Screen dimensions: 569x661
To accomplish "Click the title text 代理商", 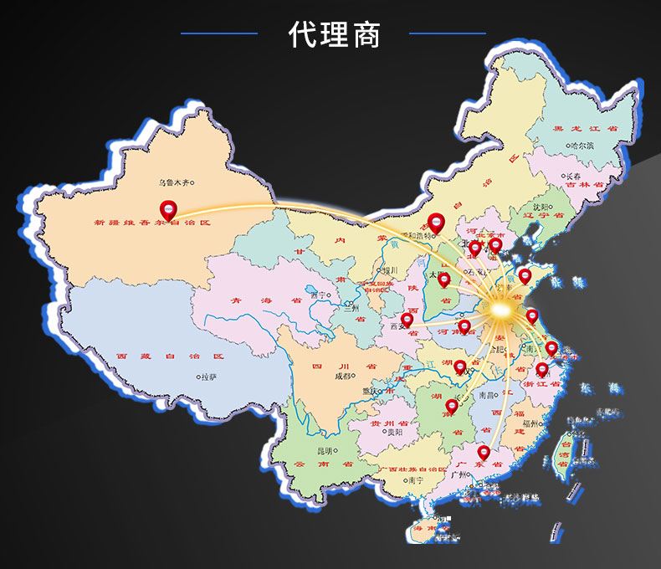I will (334, 34).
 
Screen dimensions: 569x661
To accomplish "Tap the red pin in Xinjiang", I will (168, 209).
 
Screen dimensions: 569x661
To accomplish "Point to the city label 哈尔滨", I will (580, 146).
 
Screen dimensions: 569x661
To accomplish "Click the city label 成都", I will (343, 376).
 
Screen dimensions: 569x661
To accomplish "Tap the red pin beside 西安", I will (407, 319).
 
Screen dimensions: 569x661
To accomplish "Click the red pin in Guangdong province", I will (484, 453).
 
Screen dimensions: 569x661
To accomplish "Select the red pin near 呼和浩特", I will (434, 222).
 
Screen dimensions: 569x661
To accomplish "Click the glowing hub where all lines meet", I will (500, 311).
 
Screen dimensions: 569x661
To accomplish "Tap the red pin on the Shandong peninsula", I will (525, 275).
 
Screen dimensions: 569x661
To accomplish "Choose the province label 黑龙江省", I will (585, 129).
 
